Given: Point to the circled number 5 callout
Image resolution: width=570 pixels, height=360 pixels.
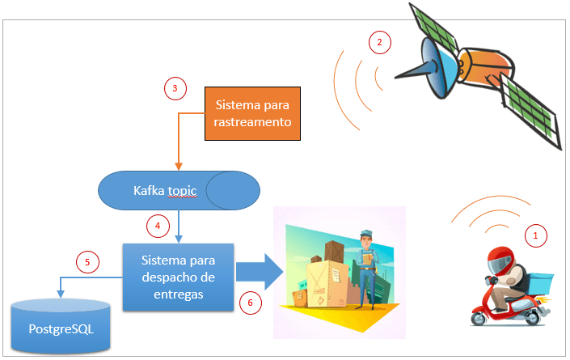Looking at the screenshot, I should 88,261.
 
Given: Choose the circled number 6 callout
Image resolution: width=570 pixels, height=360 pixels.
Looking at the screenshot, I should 251,303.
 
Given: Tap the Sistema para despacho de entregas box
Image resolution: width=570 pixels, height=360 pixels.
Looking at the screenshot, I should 177,277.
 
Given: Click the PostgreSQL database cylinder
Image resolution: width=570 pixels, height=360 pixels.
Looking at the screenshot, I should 61,328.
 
